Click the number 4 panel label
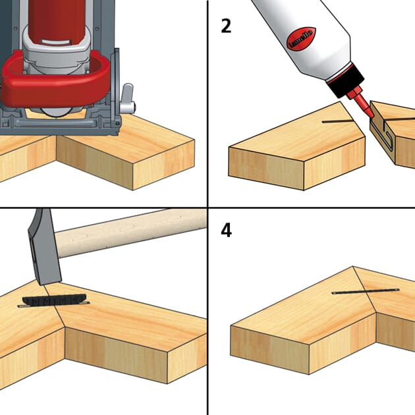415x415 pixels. (226, 231)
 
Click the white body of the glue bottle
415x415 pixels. (290, 33)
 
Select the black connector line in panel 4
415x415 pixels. (365, 290)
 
